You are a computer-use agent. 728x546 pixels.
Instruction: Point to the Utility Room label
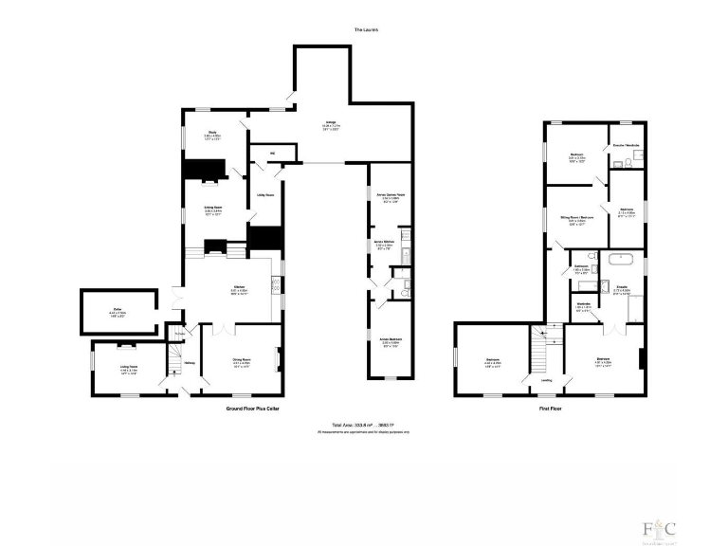(265, 195)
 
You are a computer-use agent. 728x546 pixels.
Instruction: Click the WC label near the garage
(272, 152)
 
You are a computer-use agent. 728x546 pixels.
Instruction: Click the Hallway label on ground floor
(189, 361)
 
